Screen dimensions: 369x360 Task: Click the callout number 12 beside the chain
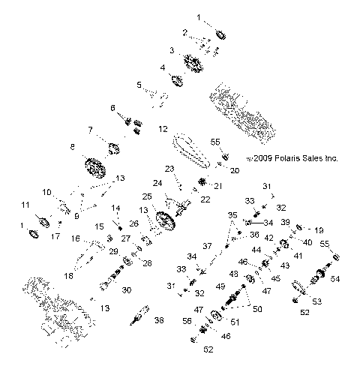coord(162,129)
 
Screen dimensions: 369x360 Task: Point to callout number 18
coord(69,277)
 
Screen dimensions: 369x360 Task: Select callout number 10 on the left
coord(46,192)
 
